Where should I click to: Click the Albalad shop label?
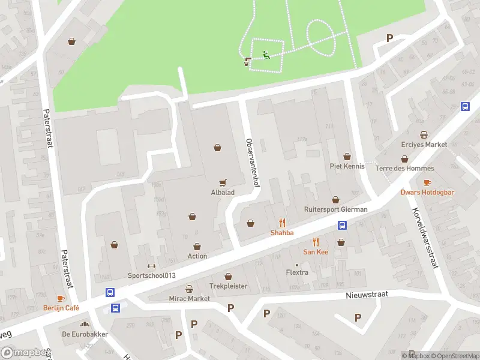pos(223,193)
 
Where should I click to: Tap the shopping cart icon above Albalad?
pos(223,183)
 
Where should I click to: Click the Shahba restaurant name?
pos(282,233)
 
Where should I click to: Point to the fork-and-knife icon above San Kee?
pos(316,242)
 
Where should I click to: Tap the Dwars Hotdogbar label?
pos(427,193)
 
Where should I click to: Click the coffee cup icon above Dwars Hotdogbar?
pos(427,182)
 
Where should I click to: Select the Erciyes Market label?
pos(424,145)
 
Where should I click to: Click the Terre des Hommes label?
pos(404,169)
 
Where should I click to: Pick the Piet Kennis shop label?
pos(347,166)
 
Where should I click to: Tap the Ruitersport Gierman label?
pos(335,210)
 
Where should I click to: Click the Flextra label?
pos(297,273)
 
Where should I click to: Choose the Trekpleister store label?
pos(228,286)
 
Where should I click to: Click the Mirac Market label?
pos(190,299)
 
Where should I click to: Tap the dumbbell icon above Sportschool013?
pos(151,266)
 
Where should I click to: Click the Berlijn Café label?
pos(61,308)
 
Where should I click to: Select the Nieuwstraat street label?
pos(367,295)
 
